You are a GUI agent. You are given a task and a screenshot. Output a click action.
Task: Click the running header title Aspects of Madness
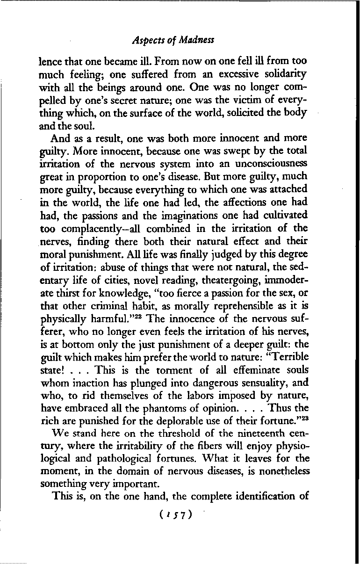click(173, 40)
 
